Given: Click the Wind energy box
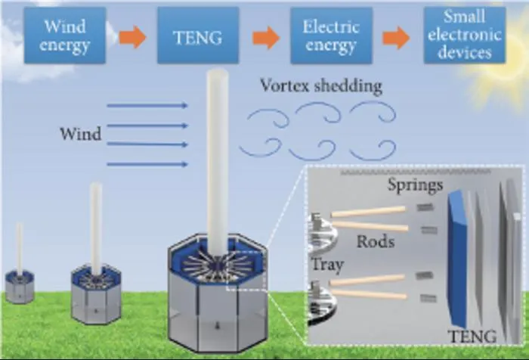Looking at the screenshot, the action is click(65, 36).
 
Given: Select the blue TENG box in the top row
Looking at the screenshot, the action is click(198, 36).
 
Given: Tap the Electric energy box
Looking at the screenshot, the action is click(331, 36).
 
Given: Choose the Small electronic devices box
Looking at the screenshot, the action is click(465, 35).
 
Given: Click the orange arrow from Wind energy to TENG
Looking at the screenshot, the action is click(132, 37).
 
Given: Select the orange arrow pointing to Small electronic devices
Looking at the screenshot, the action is click(396, 38).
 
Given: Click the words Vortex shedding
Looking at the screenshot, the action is click(321, 85).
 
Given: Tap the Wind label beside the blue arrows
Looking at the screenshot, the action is click(81, 134).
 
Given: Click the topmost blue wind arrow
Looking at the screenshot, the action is click(147, 106).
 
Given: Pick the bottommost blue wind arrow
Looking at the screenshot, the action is click(147, 164).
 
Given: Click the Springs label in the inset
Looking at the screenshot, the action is click(415, 185).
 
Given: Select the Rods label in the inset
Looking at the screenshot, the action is click(376, 241).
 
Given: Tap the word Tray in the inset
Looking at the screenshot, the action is click(327, 265).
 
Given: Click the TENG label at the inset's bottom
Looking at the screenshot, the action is click(472, 337).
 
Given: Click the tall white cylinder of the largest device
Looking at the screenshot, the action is click(218, 162).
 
